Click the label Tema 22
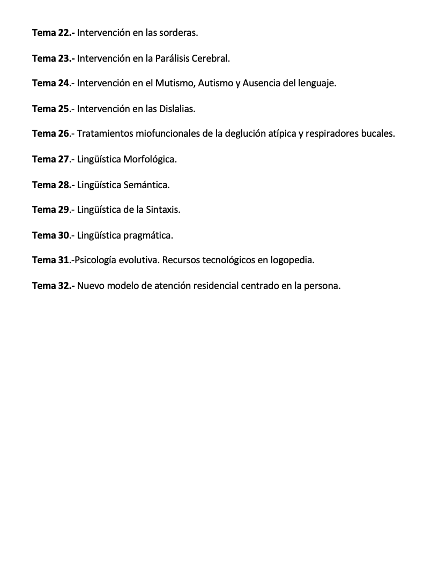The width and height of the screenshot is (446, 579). [52, 33]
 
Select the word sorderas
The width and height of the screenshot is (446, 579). [180, 33]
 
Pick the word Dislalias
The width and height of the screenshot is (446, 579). [177, 109]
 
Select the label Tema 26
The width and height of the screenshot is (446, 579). [51, 133]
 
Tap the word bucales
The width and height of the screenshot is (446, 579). [377, 133]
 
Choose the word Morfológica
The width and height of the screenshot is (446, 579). [150, 159]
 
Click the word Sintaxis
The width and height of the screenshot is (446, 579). [162, 210]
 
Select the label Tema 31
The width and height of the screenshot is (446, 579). [51, 260]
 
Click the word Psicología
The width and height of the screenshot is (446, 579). [96, 260]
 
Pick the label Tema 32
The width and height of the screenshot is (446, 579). [52, 286]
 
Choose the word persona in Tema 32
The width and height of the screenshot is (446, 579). [323, 286]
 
